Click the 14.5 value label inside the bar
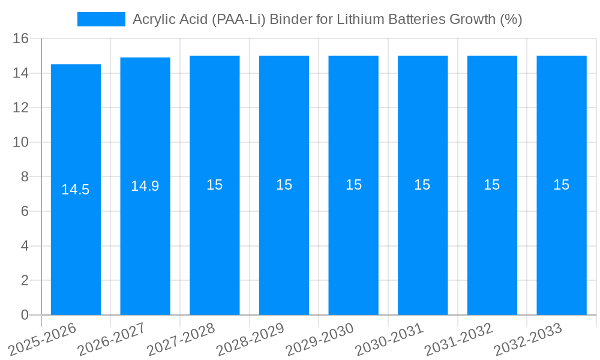76,190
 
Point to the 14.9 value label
145,186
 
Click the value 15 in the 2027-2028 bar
215,185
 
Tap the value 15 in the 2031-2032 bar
492,185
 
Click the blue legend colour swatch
101,19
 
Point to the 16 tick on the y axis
21,39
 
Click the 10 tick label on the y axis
21,143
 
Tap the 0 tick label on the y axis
25,315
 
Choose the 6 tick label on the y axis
25,212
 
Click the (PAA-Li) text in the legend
241,19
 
